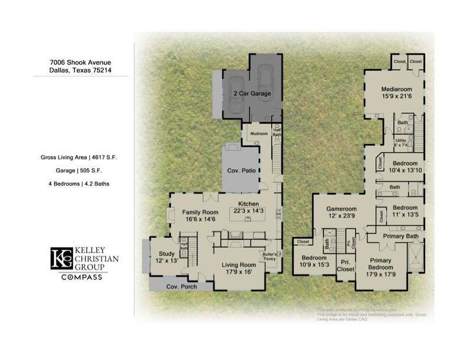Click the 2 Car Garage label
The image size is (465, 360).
[x=252, y=94]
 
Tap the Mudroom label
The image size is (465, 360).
[x=259, y=134]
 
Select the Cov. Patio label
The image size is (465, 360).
[x=241, y=171]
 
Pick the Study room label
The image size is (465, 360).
[x=163, y=254]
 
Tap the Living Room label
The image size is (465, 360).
[x=239, y=265]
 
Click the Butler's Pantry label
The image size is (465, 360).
[x=270, y=256]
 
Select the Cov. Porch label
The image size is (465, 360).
[x=180, y=286]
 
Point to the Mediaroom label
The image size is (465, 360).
[x=394, y=90]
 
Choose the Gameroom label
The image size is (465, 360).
[x=342, y=209]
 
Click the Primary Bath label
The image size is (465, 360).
[x=401, y=236]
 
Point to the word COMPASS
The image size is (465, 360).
[x=82, y=277]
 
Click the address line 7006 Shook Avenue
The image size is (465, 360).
[x=80, y=62]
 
